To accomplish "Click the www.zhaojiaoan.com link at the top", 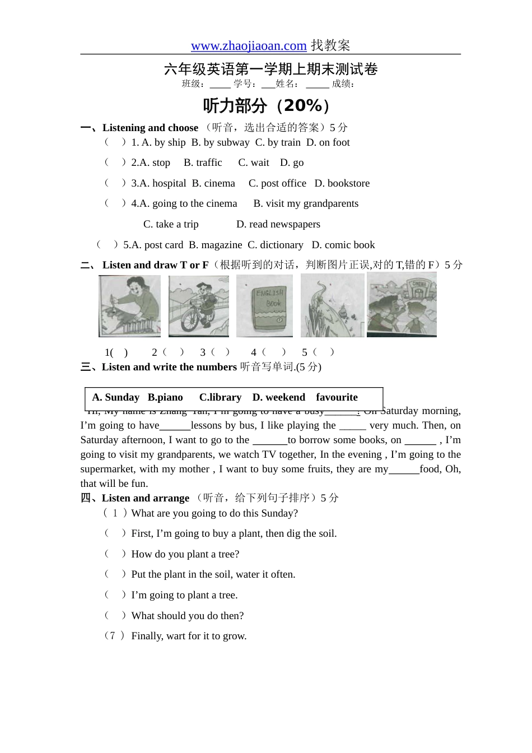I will (x=249, y=46).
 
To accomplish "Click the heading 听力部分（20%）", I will (x=267, y=105).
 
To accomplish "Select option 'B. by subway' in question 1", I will (x=220, y=143).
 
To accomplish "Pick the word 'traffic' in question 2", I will (x=209, y=163).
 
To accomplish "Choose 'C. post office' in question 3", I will (x=277, y=184).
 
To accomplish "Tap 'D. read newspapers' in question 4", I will (x=278, y=225).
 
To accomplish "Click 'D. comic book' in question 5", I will (x=343, y=245).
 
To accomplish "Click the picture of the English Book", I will (x=265, y=306).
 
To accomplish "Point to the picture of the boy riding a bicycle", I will (x=198, y=306).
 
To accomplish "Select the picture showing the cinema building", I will (x=402, y=305).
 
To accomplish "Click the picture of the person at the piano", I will (x=129, y=306).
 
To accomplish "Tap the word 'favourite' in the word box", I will (x=337, y=398).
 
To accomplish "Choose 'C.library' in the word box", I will (x=220, y=398).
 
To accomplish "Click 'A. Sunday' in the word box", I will (x=115, y=398).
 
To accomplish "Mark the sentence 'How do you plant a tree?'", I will (x=185, y=555).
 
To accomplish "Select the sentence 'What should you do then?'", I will (x=187, y=616).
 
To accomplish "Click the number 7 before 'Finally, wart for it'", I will (x=113, y=636).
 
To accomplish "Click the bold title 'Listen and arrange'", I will (x=146, y=499).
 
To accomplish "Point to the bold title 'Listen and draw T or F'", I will (x=155, y=266).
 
